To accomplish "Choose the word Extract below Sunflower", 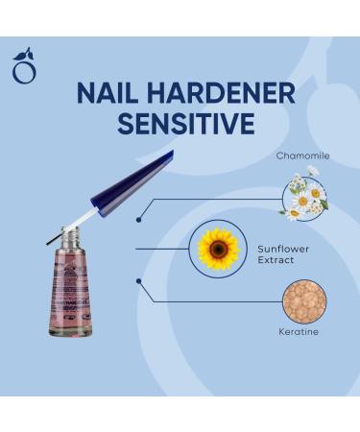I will tap(276, 260).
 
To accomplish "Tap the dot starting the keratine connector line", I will tap(140, 280).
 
